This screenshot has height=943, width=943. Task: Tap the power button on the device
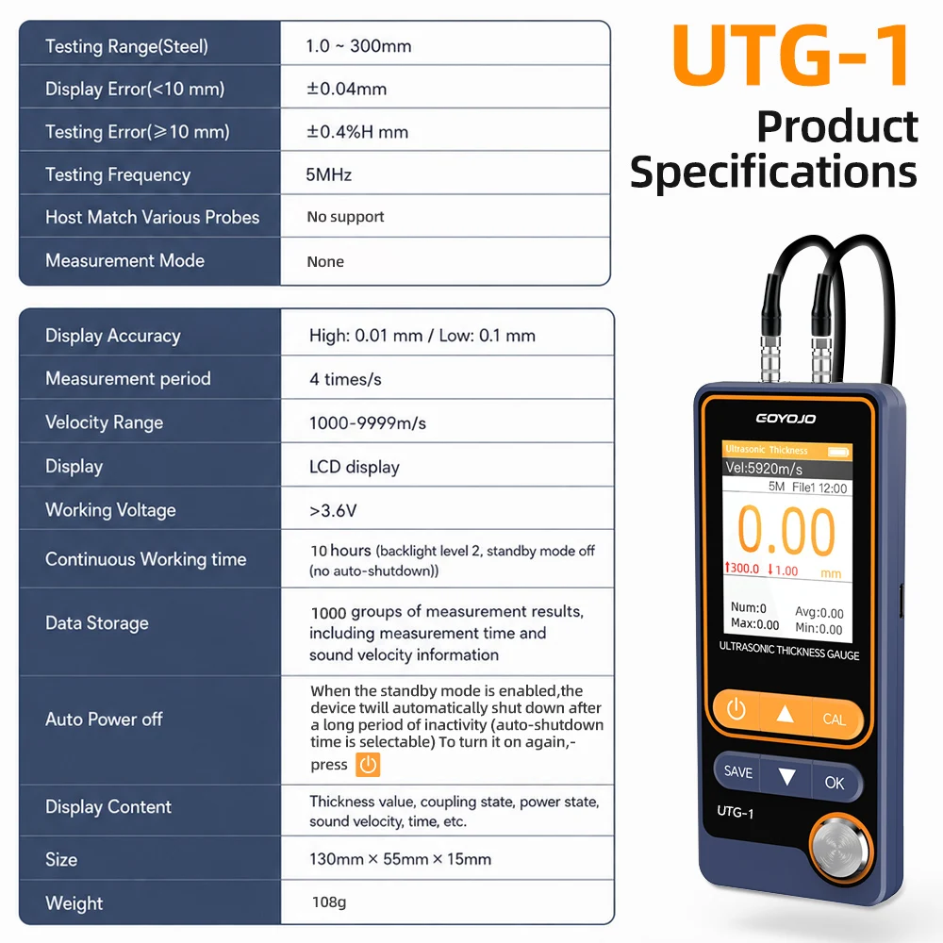(736, 710)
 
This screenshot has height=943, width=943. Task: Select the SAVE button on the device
(738, 771)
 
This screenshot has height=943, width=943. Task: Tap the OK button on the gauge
(835, 783)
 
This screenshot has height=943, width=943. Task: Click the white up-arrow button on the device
(785, 714)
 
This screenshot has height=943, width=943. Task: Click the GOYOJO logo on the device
(786, 418)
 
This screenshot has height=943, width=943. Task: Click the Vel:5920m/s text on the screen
(764, 468)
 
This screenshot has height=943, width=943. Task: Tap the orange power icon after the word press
(368, 765)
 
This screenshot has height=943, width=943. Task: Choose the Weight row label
(74, 903)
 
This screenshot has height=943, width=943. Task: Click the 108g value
(329, 902)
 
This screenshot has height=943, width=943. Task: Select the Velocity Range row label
(104, 422)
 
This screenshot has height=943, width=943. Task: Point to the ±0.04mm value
(347, 89)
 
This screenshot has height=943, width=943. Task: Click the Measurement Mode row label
(125, 260)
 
